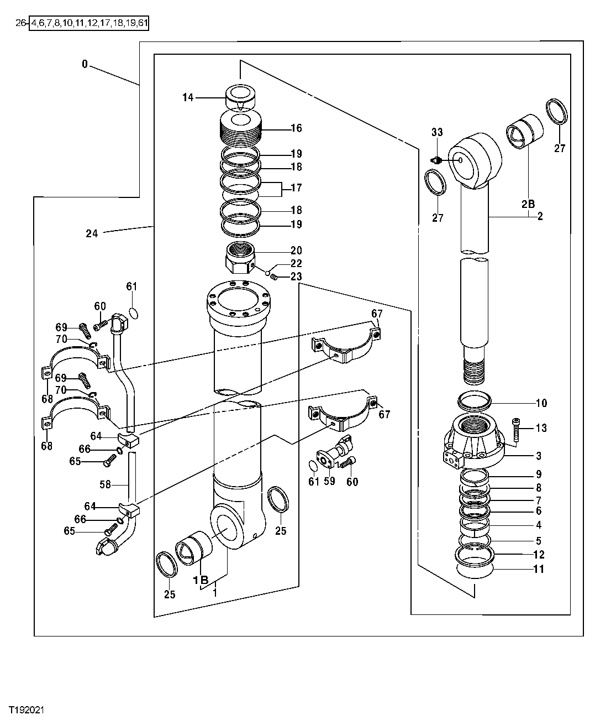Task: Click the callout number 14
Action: [x=188, y=98]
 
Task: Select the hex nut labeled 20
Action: [x=240, y=257]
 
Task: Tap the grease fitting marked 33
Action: [x=436, y=160]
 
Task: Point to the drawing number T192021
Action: [x=26, y=709]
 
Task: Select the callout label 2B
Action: [x=528, y=204]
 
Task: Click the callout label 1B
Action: [x=201, y=580]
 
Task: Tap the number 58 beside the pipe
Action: [x=105, y=484]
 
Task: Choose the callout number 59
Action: [x=330, y=482]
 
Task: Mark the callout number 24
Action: [x=92, y=233]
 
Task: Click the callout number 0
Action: [x=85, y=64]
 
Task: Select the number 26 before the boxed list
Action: [x=21, y=23]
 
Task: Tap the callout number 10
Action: [x=541, y=403]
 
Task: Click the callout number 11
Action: [x=539, y=569]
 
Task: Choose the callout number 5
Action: [x=538, y=540]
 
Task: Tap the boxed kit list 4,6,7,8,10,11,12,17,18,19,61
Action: [x=89, y=23]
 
